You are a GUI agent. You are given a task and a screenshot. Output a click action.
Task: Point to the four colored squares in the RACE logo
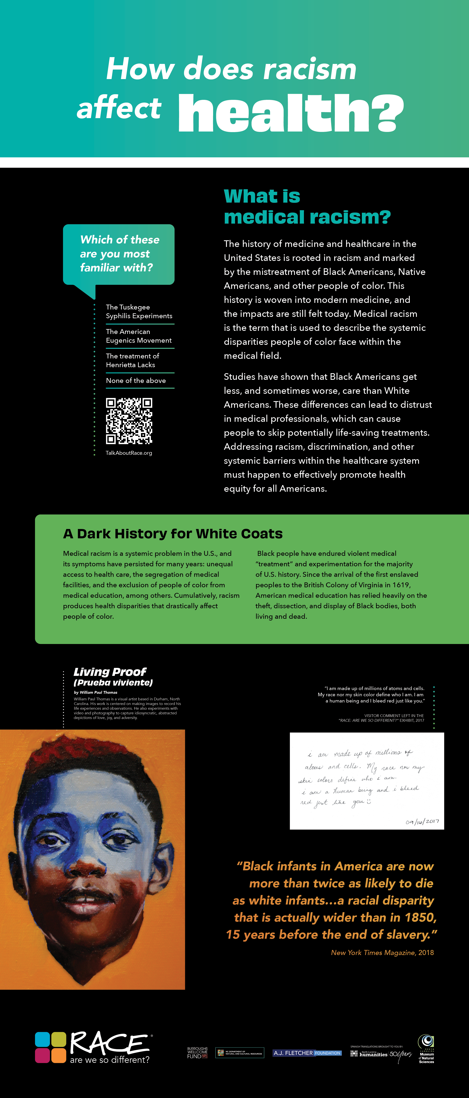pos(50,1047)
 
